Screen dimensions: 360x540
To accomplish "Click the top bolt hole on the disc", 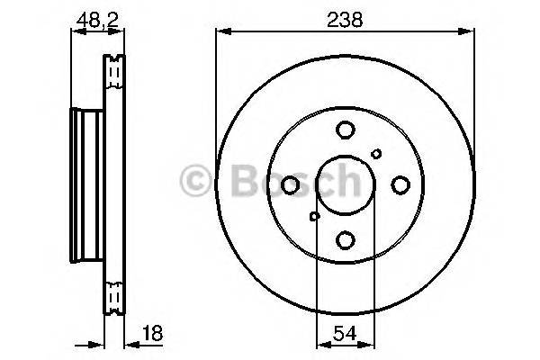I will (345, 130).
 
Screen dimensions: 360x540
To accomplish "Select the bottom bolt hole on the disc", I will (345, 239).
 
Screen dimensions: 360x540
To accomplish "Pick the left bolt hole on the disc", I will (290, 185).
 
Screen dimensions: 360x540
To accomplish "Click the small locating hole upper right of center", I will (376, 154).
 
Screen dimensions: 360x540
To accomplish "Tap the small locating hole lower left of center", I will (314, 216).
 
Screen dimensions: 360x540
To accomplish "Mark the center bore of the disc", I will (345, 185).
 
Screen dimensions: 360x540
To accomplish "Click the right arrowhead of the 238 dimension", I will (468, 32).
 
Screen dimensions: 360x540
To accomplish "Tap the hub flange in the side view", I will (84, 184).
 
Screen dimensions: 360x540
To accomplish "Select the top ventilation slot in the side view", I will (113, 72).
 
